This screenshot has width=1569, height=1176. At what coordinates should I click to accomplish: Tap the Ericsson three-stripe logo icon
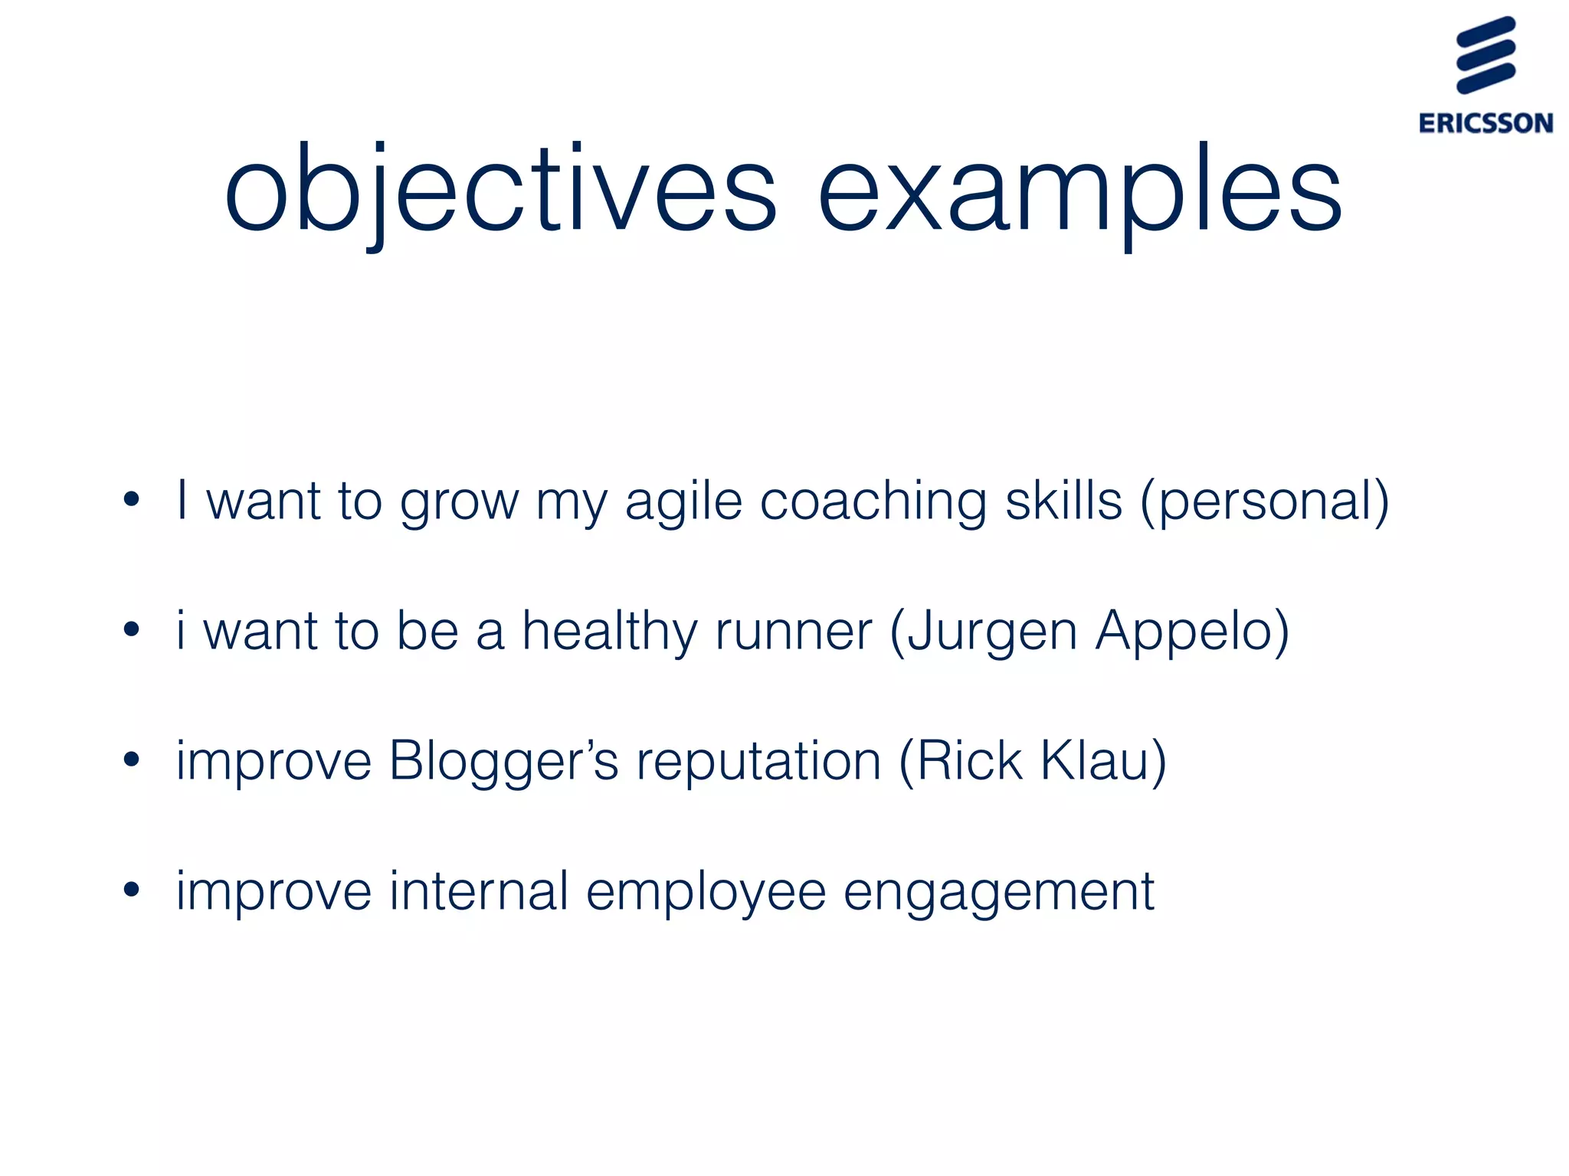[1485, 55]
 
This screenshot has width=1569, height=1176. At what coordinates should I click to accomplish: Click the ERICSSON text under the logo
[1485, 123]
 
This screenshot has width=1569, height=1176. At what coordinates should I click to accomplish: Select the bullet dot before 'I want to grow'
[132, 500]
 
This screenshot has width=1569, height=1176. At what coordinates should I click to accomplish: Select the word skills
[1063, 501]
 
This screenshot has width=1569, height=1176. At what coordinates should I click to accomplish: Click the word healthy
[610, 632]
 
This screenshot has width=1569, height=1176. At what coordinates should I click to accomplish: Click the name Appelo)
[1192, 632]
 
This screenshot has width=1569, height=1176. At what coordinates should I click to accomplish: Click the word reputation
[758, 763]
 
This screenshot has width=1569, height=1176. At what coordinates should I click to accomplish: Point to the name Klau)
[1103, 761]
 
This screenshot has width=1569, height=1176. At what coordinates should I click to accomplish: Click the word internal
[479, 891]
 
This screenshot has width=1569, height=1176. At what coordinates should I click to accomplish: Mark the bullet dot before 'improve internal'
[132, 890]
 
